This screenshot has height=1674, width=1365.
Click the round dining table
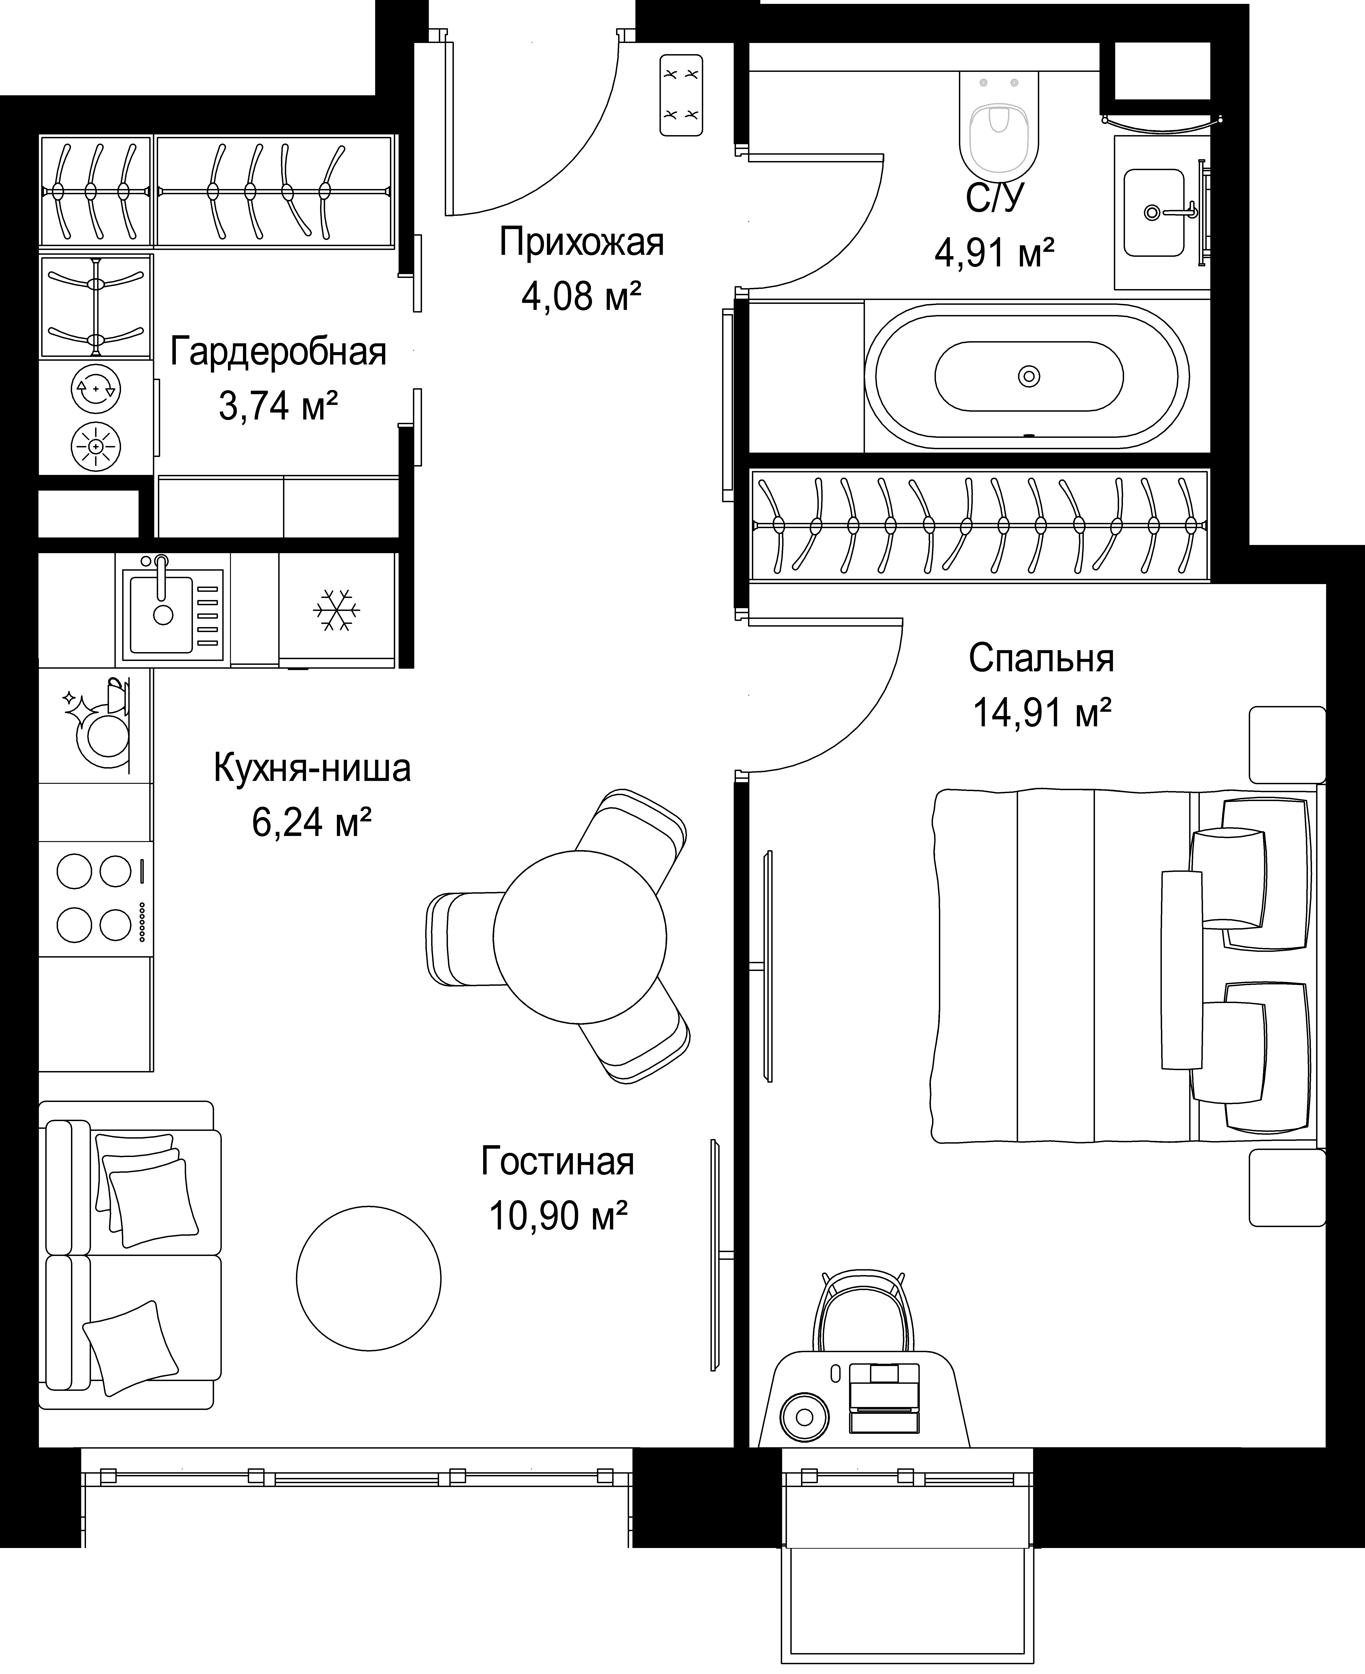[x=580, y=937]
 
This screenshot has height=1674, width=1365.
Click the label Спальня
[x=1041, y=659]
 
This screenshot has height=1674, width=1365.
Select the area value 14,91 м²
[x=1042, y=712]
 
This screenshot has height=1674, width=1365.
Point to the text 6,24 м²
[x=311, y=822]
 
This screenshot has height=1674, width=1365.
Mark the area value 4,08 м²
[x=581, y=296]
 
